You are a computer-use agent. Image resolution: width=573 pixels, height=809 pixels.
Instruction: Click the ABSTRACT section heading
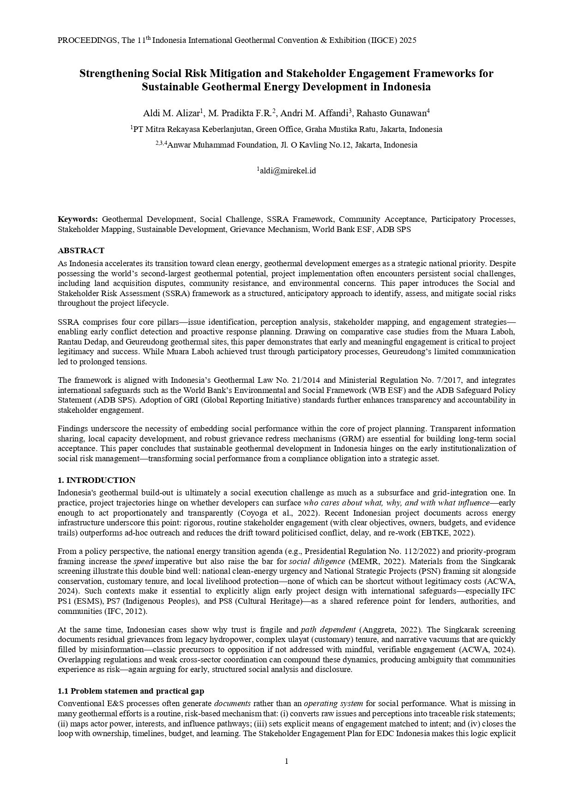coord(81,250)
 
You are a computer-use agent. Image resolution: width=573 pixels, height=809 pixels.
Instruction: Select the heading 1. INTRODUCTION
coord(97,480)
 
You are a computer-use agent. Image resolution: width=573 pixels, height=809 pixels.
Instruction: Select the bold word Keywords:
coord(78,219)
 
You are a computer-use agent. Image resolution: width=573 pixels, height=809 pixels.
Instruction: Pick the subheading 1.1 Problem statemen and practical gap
coord(131,691)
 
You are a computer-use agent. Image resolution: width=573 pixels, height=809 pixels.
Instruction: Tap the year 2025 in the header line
coord(408,41)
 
